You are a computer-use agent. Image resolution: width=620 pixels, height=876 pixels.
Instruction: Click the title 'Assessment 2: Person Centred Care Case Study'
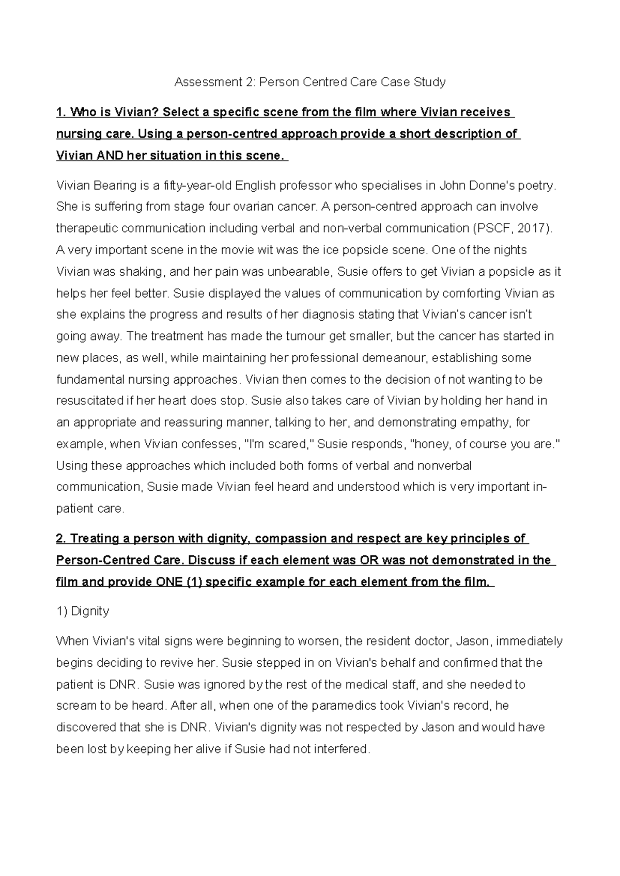click(x=309, y=82)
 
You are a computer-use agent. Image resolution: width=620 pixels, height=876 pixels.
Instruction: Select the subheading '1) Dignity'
click(x=82, y=612)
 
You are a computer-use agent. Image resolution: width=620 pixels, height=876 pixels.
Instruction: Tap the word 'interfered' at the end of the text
click(x=343, y=749)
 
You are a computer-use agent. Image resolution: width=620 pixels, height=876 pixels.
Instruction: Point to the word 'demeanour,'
click(x=391, y=358)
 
